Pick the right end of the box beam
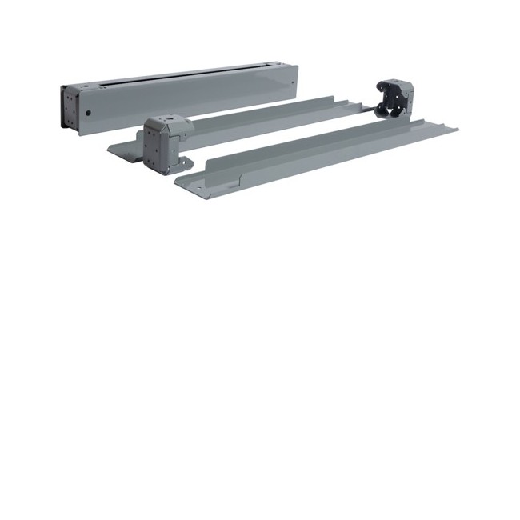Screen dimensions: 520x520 [x=294, y=80]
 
